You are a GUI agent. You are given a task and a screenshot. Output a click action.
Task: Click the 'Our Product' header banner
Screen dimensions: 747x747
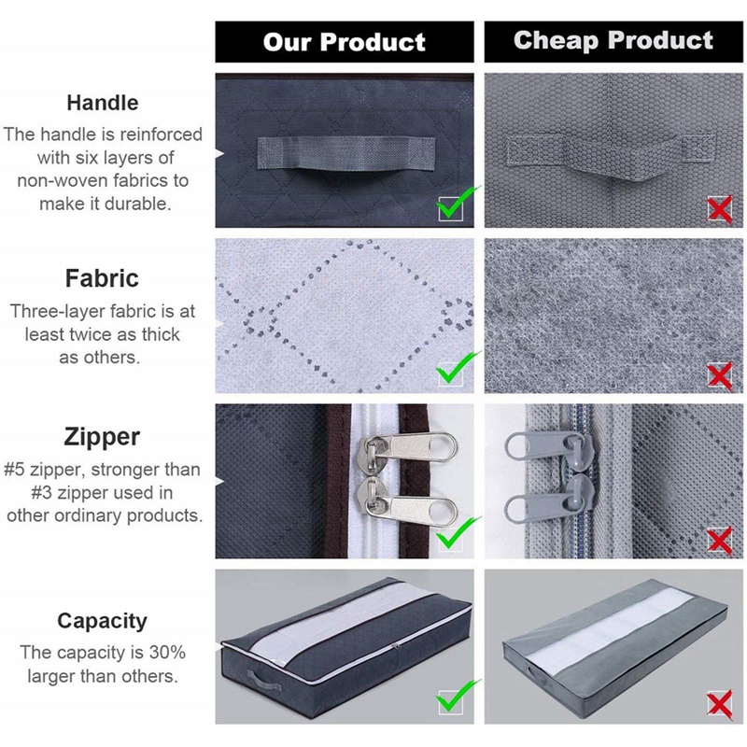pyautogui.click(x=344, y=42)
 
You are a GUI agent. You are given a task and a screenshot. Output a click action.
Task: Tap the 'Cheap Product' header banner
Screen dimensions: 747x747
pyautogui.click(x=613, y=41)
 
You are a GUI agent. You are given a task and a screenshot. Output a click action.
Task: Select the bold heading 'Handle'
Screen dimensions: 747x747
pyautogui.click(x=103, y=103)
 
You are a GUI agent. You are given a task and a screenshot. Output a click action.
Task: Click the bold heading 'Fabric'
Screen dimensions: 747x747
pyautogui.click(x=102, y=278)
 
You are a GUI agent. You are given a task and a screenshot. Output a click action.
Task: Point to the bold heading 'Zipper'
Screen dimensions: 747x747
pyautogui.click(x=103, y=437)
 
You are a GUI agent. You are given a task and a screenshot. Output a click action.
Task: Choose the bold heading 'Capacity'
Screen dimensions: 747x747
pyautogui.click(x=102, y=621)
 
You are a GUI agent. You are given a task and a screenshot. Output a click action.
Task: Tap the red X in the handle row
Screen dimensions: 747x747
pyautogui.click(x=719, y=210)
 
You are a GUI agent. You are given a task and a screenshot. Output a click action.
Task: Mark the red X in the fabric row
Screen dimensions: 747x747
pyautogui.click(x=719, y=375)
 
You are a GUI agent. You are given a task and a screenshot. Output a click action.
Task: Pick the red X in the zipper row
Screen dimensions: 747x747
pyautogui.click(x=719, y=539)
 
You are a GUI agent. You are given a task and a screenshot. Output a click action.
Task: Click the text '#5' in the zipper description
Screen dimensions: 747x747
pyautogui.click(x=18, y=470)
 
